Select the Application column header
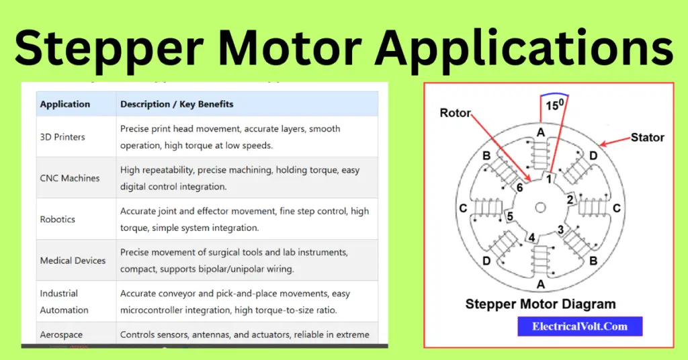pyautogui.click(x=65, y=104)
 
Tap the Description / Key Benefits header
pyautogui.click(x=177, y=104)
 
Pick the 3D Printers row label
pyautogui.click(x=62, y=137)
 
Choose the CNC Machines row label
pyautogui.click(x=70, y=178)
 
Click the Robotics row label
pyautogui.click(x=58, y=219)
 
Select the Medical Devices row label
pyautogui.click(x=73, y=260)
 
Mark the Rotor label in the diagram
pyautogui.click(x=456, y=113)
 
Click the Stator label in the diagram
pyautogui.click(x=647, y=138)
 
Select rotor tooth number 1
pyautogui.click(x=548, y=179)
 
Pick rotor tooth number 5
pyautogui.click(x=511, y=216)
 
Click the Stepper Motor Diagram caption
pyautogui.click(x=540, y=304)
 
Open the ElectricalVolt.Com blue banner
pyautogui.click(x=580, y=326)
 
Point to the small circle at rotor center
pyautogui.click(x=540, y=208)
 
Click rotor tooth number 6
pyautogui.click(x=518, y=189)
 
